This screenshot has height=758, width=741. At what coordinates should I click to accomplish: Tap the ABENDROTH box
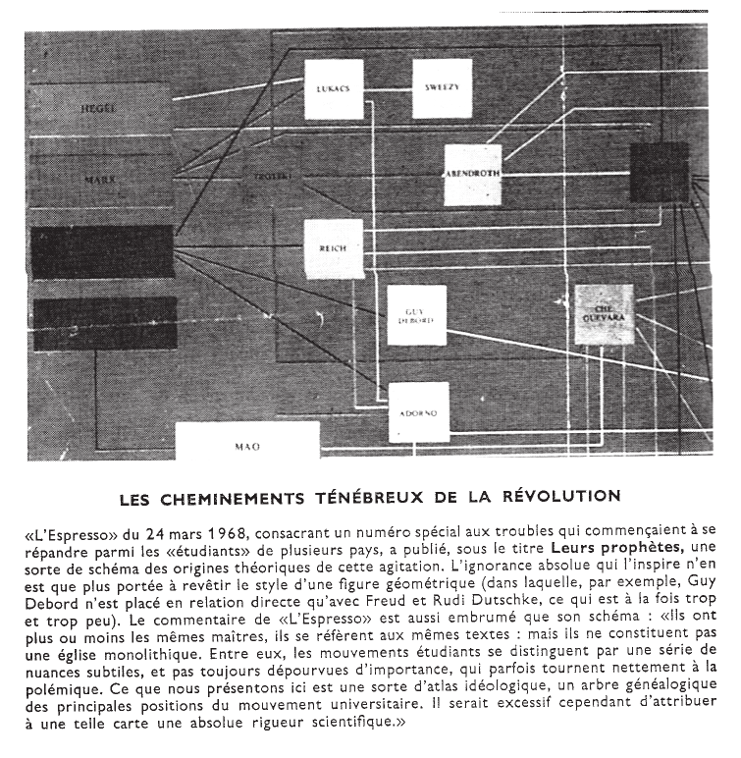[x=479, y=175]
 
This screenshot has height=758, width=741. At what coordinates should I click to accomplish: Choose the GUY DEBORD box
[x=415, y=315]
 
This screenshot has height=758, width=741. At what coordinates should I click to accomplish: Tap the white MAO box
[x=247, y=447]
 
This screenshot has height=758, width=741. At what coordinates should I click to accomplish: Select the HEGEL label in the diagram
[x=101, y=106]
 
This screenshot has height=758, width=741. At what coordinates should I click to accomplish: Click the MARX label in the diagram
[x=100, y=182]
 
